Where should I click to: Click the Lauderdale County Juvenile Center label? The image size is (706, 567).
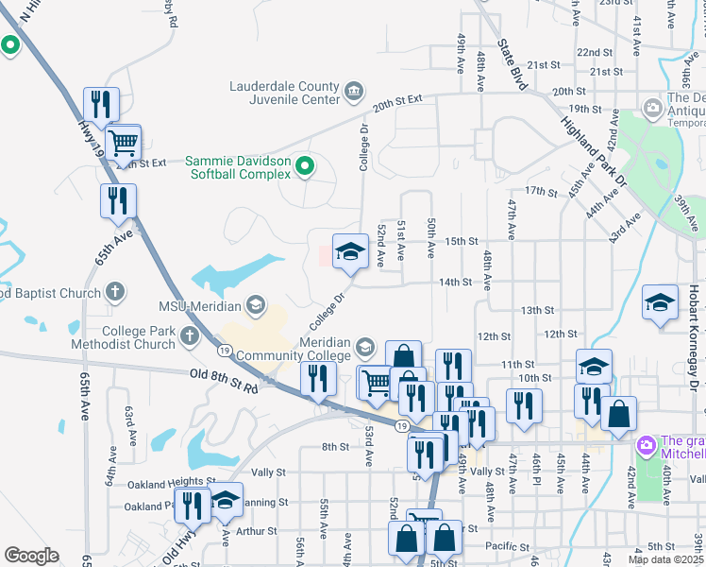284,92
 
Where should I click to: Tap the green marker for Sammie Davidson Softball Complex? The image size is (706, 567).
304,167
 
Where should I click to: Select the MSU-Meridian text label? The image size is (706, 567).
200,304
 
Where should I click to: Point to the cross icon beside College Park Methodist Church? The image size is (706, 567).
190,335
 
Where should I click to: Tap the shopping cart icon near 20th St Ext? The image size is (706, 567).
123,144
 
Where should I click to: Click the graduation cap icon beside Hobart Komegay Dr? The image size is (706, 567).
661,303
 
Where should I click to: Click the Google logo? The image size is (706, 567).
31,556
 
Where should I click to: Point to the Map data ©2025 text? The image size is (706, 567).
665,559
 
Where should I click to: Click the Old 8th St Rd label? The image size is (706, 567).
224,379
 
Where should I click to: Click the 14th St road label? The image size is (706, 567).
455,283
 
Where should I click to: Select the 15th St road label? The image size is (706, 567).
462,242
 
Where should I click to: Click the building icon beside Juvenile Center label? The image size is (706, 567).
353,92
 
